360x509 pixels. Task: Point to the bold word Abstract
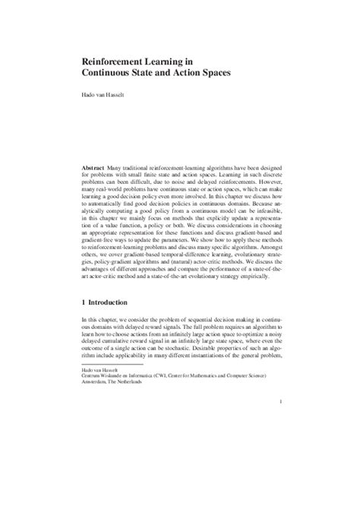[95, 165]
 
